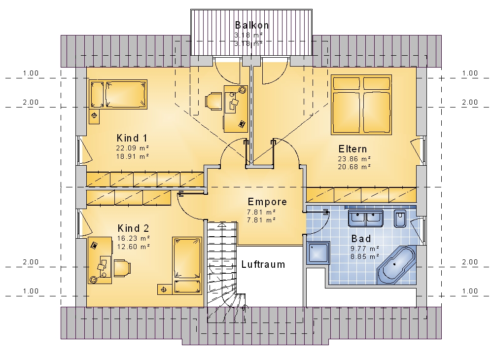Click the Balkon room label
coord(252,25)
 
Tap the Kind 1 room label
coord(132,138)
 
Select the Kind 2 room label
coord(133,228)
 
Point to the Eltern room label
coord(352,149)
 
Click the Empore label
coord(267,202)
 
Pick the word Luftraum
coord(263,264)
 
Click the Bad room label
coord(361,239)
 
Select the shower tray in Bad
coord(318,253)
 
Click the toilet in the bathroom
coord(400,218)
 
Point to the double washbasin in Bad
coord(365,218)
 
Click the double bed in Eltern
coord(361,105)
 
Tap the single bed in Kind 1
coord(118,94)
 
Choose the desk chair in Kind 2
coord(122,268)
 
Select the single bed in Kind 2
coord(187,266)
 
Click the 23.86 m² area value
coord(354,159)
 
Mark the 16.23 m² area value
coord(134,238)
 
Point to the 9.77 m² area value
coord(365,249)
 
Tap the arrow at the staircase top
coord(222,225)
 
